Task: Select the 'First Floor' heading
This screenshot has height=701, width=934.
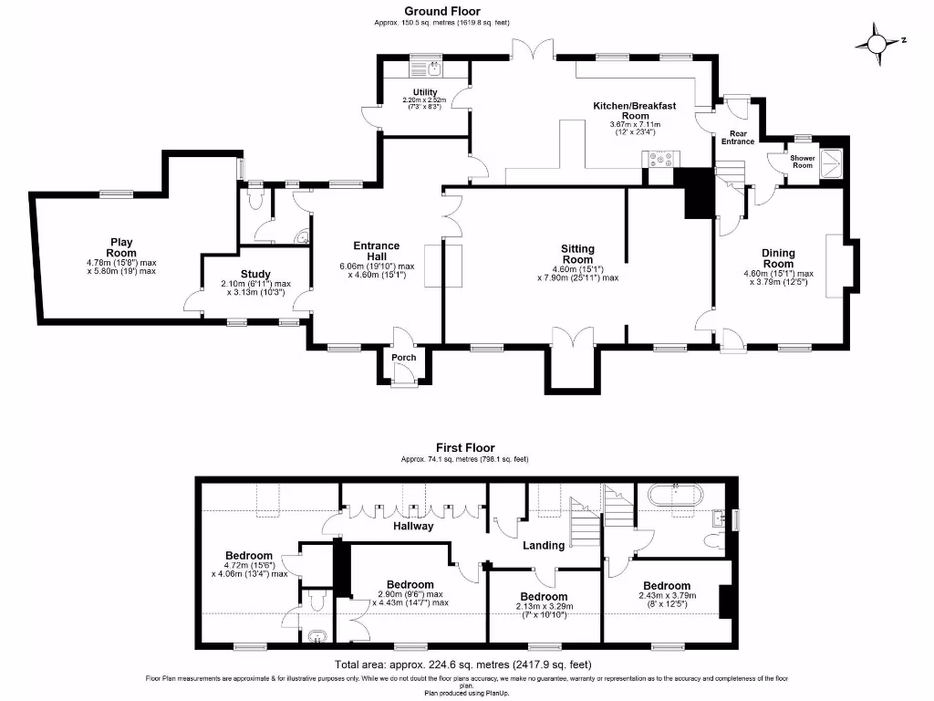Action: click(464, 447)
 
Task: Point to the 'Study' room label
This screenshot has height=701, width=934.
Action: click(256, 274)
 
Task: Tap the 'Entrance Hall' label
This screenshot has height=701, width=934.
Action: click(377, 251)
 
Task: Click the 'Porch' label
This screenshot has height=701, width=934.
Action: click(403, 357)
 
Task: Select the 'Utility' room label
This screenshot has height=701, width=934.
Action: click(425, 92)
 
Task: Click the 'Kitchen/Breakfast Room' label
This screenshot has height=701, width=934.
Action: click(635, 111)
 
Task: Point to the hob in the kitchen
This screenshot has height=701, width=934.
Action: click(660, 161)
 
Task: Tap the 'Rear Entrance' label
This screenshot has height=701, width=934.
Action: click(738, 137)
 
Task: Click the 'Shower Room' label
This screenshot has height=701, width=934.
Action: click(802, 161)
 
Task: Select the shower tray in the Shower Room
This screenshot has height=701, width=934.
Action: click(833, 162)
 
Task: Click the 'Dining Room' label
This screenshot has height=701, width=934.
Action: click(779, 258)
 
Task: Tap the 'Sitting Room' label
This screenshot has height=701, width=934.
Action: click(577, 254)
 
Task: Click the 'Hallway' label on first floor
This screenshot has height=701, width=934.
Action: click(413, 526)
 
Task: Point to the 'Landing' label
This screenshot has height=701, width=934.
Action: click(545, 546)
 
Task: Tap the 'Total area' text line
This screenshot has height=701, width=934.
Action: click(469, 664)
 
